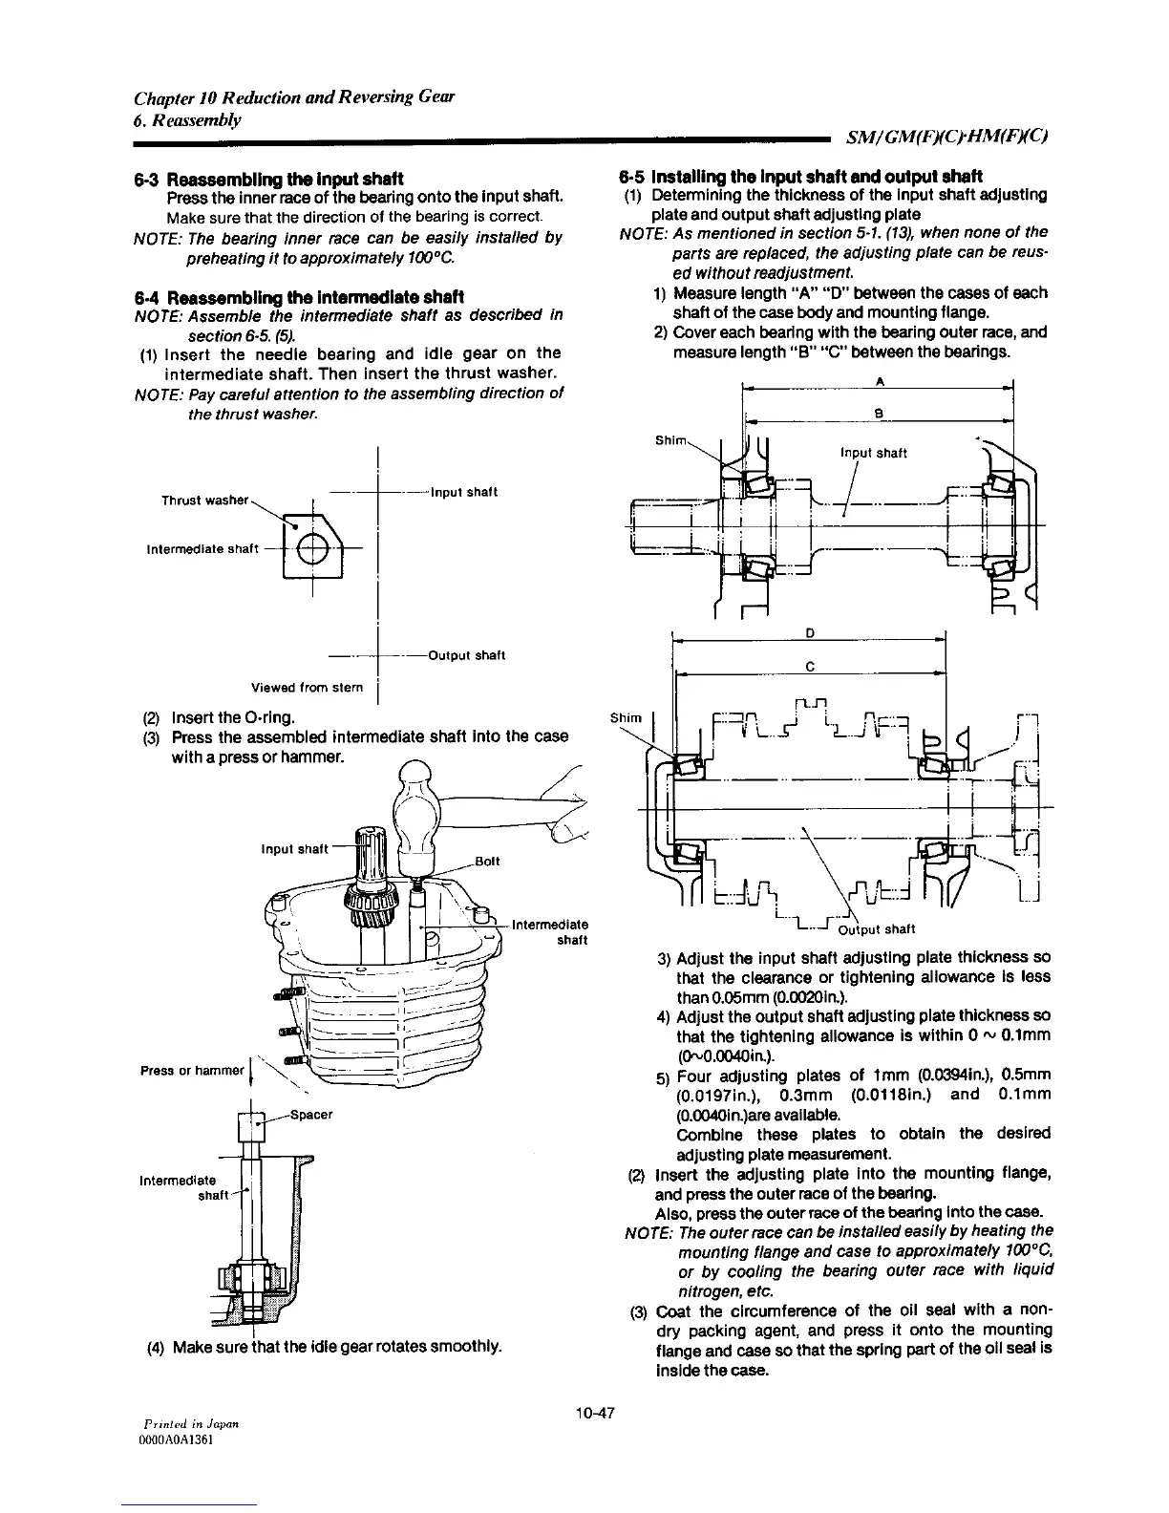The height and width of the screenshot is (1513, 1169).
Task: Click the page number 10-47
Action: pyautogui.click(x=592, y=1413)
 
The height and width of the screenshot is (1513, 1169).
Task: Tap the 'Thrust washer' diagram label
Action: pyautogui.click(x=205, y=501)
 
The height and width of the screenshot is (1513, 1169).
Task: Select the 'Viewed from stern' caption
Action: pyautogui.click(x=307, y=687)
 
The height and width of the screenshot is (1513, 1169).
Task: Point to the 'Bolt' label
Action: pyautogui.click(x=489, y=861)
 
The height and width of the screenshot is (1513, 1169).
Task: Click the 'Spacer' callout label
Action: pyautogui.click(x=309, y=1114)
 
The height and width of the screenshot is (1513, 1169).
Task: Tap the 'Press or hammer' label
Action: pyautogui.click(x=192, y=1070)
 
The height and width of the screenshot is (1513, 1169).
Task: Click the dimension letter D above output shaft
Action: pyautogui.click(x=810, y=632)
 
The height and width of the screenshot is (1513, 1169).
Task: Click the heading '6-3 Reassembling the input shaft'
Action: pyautogui.click(x=268, y=179)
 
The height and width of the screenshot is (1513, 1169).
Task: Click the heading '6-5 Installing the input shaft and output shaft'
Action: pyautogui.click(x=800, y=176)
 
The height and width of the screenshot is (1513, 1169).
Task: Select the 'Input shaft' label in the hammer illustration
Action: pyautogui.click(x=293, y=848)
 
